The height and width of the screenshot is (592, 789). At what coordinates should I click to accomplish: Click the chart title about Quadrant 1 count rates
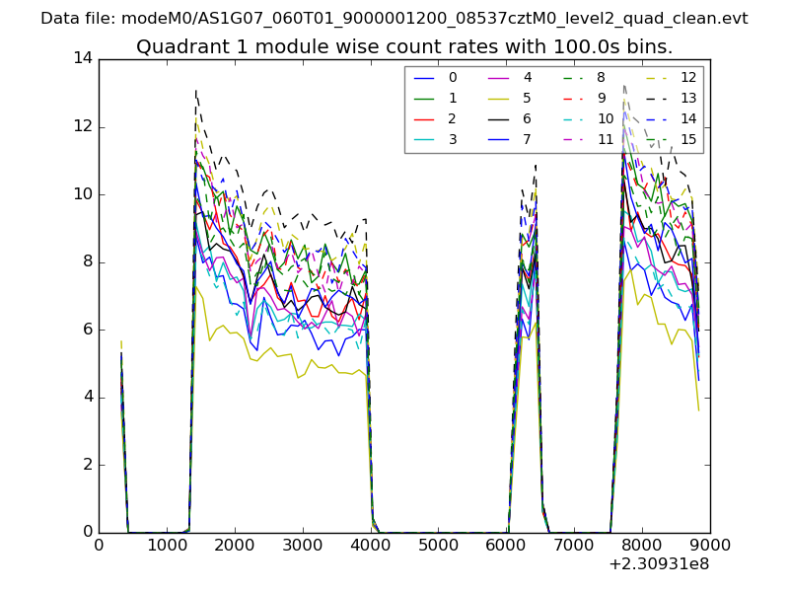(x=404, y=46)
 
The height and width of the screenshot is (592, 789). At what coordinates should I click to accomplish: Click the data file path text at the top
(x=394, y=18)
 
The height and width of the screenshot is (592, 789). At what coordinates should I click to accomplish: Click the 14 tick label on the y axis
(x=83, y=58)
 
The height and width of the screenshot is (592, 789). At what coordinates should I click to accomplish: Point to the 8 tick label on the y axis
(x=87, y=261)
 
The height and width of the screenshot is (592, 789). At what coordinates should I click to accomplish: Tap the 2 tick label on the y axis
(x=87, y=465)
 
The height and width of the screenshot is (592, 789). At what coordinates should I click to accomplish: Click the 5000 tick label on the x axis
(x=438, y=544)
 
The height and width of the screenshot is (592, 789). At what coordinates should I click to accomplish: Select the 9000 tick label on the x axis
(x=710, y=544)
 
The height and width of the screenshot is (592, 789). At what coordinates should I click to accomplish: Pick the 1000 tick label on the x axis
(x=167, y=544)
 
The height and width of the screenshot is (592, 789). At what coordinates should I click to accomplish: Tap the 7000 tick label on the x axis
(x=574, y=544)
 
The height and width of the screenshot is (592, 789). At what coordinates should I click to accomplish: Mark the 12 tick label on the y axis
(x=83, y=126)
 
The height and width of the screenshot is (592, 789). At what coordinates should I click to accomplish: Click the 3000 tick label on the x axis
(x=303, y=544)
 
